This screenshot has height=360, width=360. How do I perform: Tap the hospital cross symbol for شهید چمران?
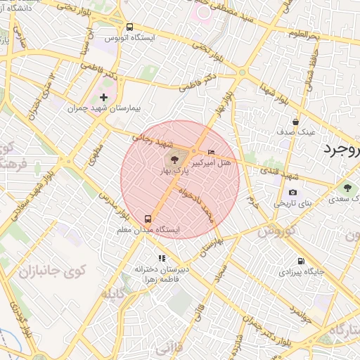coord(104,97)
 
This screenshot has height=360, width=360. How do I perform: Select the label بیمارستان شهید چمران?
coord(105,109)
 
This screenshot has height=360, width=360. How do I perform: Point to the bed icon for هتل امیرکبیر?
coord(212,152)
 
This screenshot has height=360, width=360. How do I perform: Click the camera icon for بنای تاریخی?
coord(292,193)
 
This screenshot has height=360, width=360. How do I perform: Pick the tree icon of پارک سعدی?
coord(347,188)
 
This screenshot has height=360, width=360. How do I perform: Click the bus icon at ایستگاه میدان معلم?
coord(148,219)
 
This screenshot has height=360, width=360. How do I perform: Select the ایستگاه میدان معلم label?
coord(148,230)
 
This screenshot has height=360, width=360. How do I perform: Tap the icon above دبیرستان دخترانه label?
coord(162,258)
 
